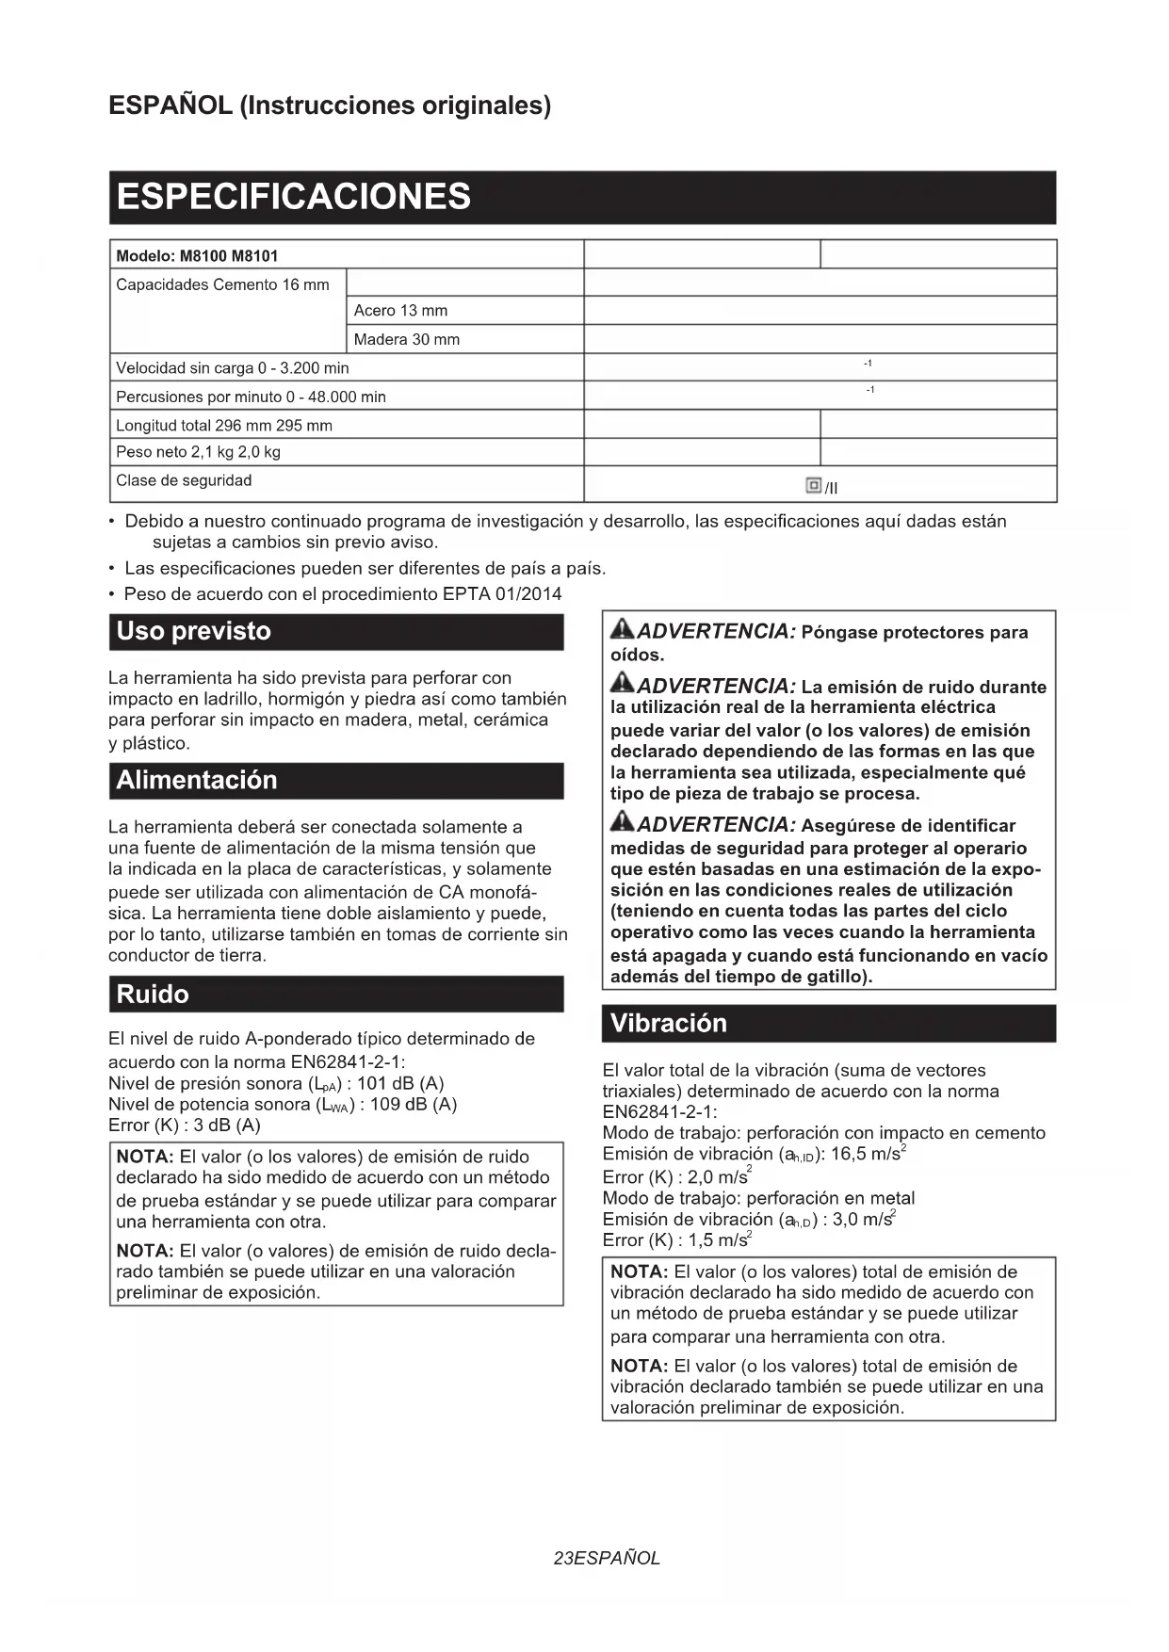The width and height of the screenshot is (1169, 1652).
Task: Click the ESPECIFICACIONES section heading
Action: point(293,197)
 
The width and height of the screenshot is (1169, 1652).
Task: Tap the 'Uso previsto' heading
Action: point(193,631)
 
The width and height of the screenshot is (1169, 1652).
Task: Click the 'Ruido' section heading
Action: point(153,994)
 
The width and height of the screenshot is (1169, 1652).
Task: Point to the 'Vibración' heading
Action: point(668,1023)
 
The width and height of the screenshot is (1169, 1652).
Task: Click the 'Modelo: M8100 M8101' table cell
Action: point(197,255)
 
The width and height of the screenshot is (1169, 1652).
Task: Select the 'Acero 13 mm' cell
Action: point(400,311)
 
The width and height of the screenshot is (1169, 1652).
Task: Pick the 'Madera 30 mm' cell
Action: point(406,339)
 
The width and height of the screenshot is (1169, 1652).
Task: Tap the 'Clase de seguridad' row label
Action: point(184,480)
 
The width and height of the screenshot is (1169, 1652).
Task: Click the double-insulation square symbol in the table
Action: point(814,485)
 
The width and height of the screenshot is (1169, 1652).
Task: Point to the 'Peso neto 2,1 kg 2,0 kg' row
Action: point(198,452)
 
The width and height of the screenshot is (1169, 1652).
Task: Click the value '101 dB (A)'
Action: point(400,1083)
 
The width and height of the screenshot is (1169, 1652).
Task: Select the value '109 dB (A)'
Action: point(414,1104)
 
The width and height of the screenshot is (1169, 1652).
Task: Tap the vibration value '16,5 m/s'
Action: point(865,1154)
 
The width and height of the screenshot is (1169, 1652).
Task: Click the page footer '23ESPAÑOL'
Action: point(607,1558)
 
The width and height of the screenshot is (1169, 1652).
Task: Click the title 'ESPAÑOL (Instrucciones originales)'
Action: point(330,105)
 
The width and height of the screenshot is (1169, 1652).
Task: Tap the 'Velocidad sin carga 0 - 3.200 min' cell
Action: point(232,368)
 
